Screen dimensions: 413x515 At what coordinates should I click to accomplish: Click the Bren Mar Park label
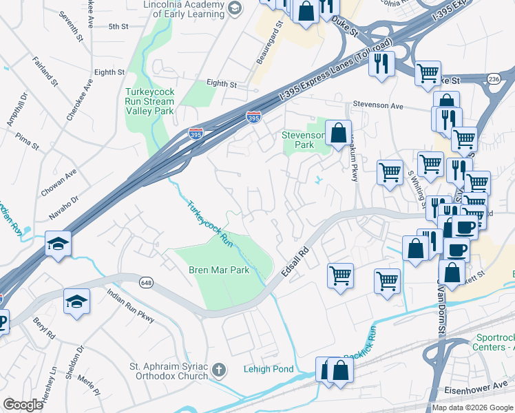(219, 271)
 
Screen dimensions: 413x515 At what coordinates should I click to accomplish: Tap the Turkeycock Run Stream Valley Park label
(149, 101)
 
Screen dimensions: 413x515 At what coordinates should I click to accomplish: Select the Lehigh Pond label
(269, 370)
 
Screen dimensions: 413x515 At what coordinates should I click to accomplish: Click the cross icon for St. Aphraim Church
(218, 370)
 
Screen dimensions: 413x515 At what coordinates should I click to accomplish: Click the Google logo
(23, 404)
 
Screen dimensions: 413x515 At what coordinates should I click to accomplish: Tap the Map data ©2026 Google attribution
(472, 407)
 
